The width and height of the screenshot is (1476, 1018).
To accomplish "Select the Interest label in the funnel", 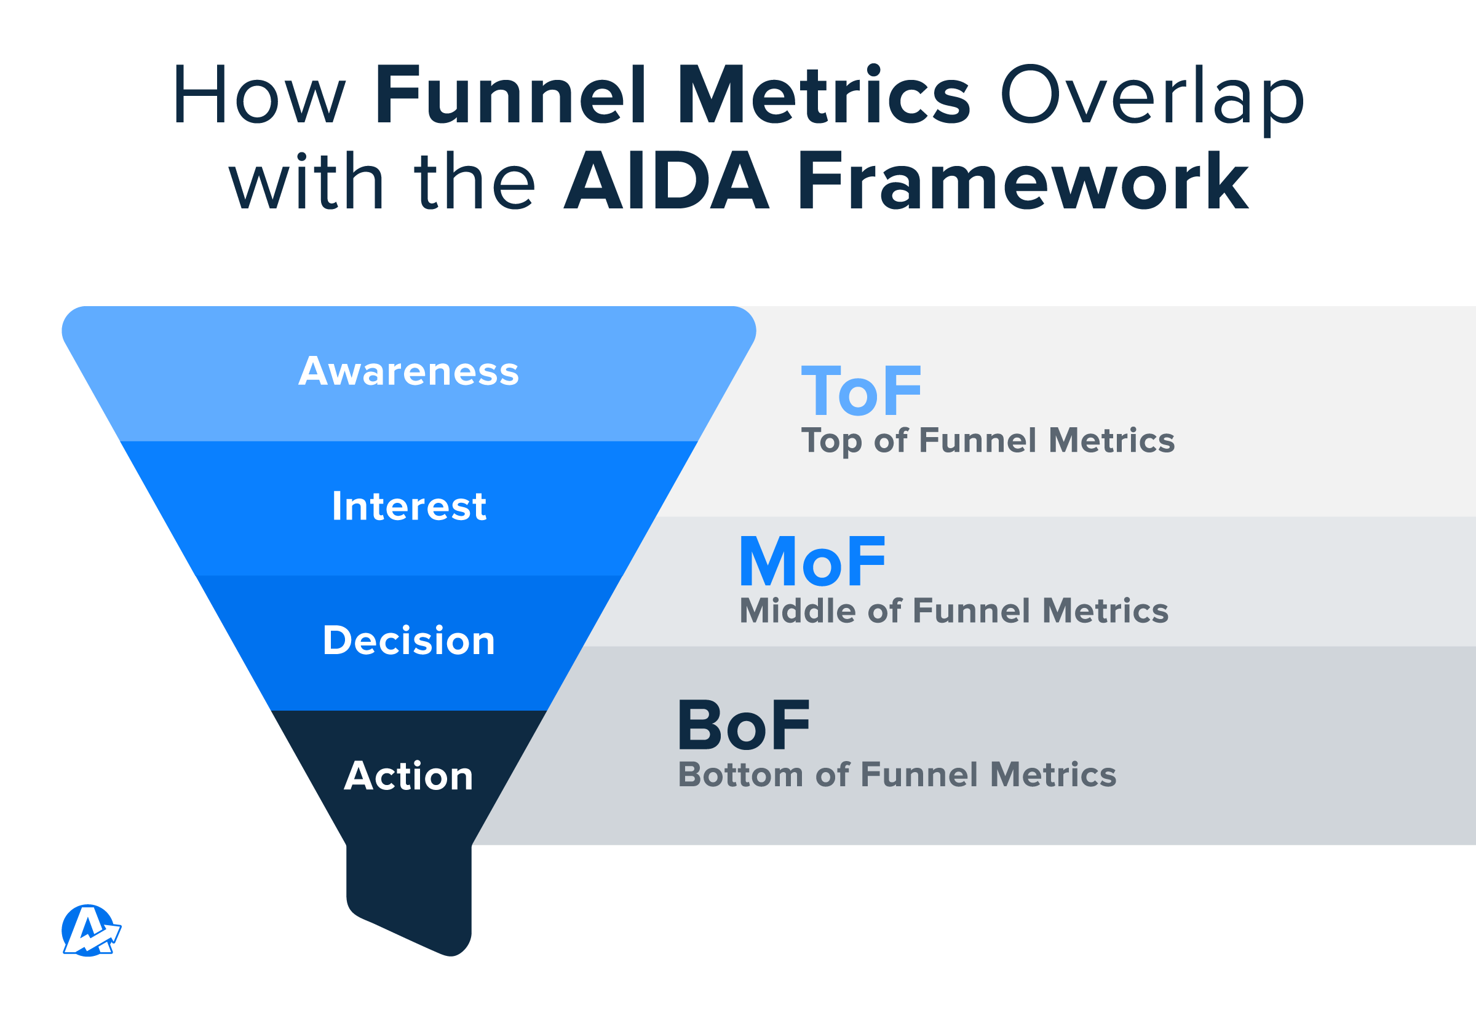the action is (409, 506).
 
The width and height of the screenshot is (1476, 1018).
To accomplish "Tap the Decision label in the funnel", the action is (409, 641).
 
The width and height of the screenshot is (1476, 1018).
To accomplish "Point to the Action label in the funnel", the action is (408, 776).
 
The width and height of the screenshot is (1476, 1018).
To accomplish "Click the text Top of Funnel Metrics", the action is (988, 441).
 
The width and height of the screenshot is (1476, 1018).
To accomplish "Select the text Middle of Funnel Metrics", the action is (954, 610).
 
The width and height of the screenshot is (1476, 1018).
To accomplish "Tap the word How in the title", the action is (259, 95).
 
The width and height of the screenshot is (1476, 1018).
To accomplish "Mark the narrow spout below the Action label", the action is (409, 899).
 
